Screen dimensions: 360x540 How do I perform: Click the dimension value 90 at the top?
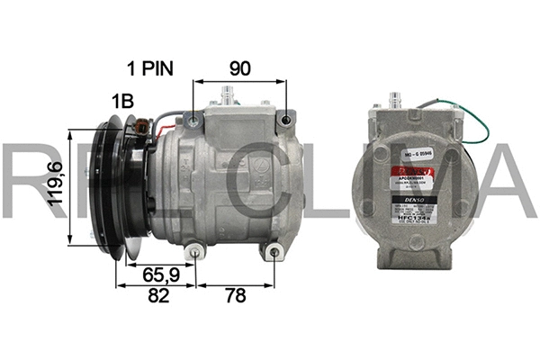[239, 68]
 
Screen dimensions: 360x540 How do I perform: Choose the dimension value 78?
[236, 297]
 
